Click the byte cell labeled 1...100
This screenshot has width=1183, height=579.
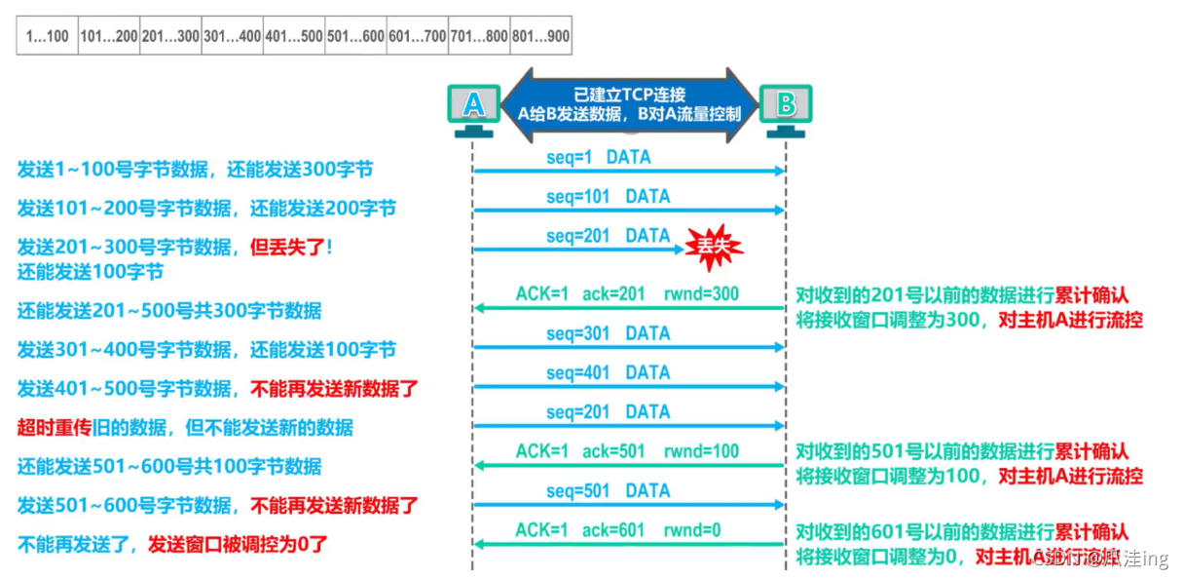47,36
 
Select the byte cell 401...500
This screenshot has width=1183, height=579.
294,36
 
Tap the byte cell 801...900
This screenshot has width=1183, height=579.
540,36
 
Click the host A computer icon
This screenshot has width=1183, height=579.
472,109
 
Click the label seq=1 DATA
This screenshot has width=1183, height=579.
598,157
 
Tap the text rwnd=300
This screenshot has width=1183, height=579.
703,294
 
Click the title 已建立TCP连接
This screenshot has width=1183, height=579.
629,95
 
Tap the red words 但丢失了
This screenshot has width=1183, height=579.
287,248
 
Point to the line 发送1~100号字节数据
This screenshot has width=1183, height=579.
113,170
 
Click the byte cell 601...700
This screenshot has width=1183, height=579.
417,36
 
